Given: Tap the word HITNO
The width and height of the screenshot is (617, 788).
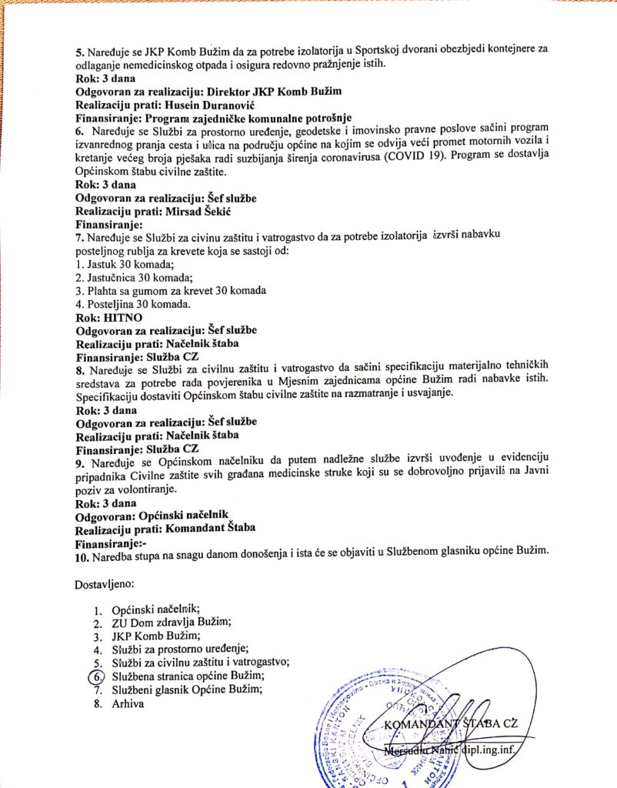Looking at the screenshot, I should tap(124, 316).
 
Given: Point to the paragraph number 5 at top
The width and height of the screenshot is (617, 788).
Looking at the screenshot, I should tap(78, 51).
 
